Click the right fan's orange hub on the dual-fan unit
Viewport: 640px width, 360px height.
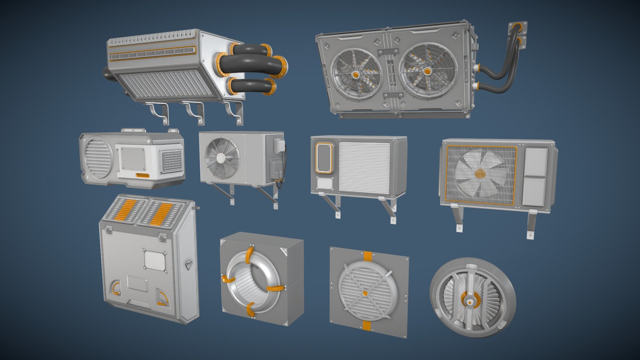[x=427, y=71]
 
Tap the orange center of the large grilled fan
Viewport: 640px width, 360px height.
[x=480, y=173]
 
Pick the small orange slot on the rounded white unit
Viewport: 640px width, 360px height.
[x=142, y=175]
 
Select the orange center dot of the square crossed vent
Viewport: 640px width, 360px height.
[x=365, y=293]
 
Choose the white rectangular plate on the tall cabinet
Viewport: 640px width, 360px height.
[x=154, y=260]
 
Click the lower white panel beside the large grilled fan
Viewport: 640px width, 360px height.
[x=534, y=191]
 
